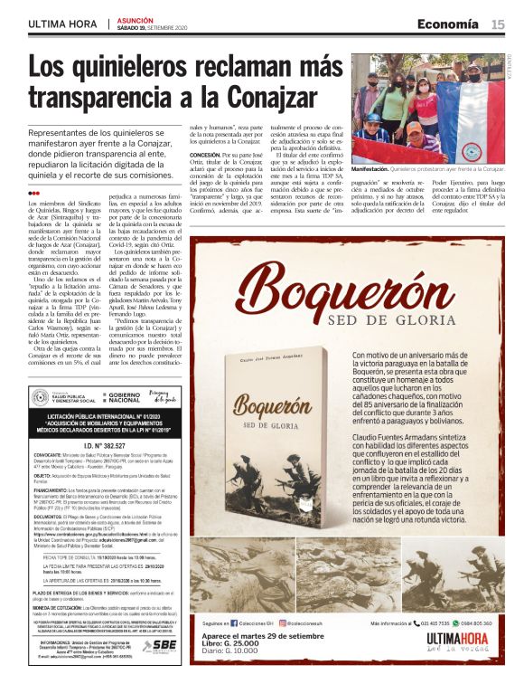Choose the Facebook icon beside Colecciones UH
tap(233, 622)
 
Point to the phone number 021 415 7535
tap(433, 622)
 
